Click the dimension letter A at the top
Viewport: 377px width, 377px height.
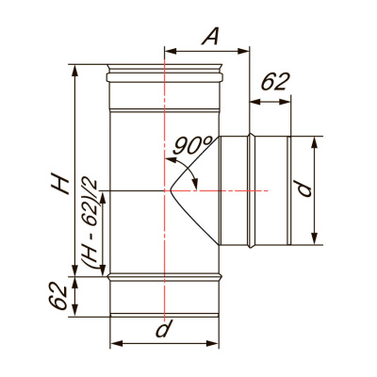(210, 38)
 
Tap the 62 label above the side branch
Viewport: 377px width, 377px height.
(274, 82)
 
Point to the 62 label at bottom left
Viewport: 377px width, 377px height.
(58, 296)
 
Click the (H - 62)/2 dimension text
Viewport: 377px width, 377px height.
(91, 222)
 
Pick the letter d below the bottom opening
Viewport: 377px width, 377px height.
(164, 329)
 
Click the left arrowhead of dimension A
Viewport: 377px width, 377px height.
(171, 51)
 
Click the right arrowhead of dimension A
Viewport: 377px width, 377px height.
(243, 51)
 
